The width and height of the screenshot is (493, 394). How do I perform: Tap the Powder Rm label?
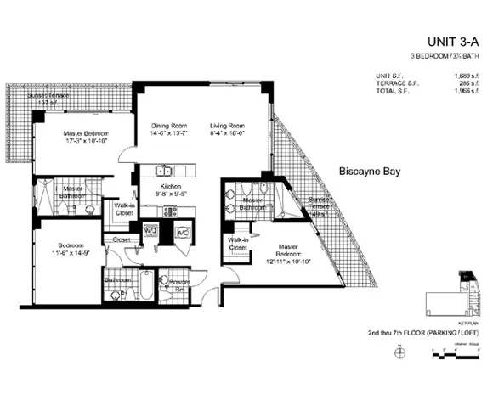point(180,282)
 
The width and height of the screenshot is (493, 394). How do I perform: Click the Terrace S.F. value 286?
point(468,85)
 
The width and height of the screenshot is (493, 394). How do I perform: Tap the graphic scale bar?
point(463,351)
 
